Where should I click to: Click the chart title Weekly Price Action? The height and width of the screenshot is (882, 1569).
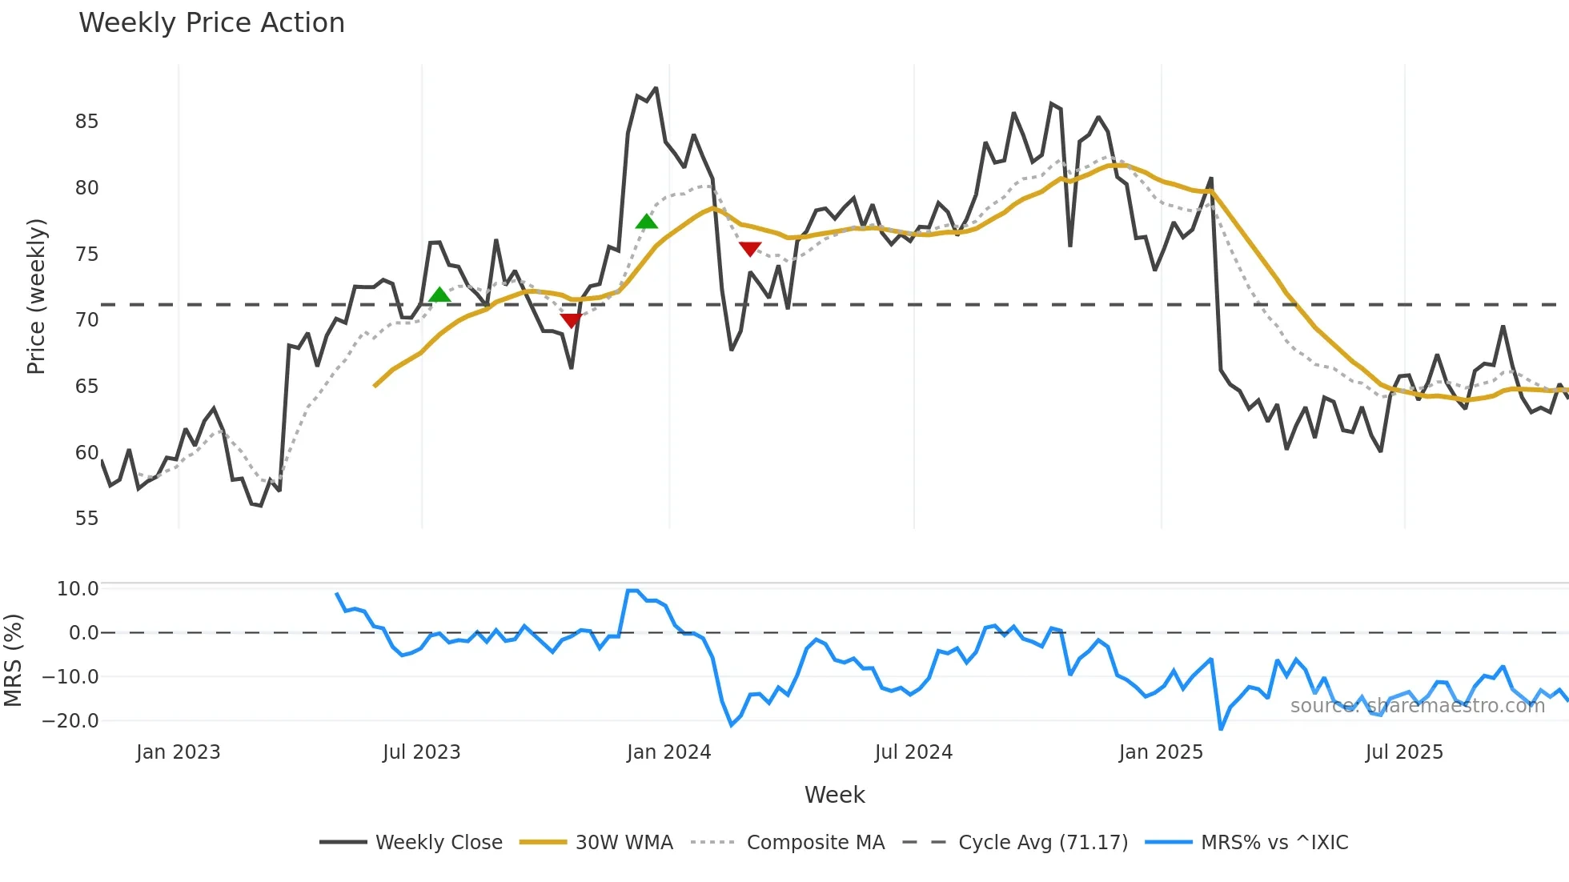point(211,23)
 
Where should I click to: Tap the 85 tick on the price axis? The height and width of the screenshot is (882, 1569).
point(86,122)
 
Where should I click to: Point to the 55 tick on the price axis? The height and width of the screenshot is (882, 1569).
point(86,519)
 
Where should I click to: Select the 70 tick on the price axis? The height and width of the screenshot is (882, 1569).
point(86,320)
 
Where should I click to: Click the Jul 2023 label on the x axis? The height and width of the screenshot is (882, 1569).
point(421,752)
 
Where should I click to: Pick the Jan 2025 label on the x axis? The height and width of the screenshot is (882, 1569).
point(1161,752)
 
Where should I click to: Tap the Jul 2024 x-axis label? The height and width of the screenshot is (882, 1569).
point(913,752)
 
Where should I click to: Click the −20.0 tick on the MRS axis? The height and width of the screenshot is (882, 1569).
point(70,721)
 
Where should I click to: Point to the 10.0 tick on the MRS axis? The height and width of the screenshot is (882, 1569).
point(78,589)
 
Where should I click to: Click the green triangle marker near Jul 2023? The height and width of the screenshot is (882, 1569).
point(439,295)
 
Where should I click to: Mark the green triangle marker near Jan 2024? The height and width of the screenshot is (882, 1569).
point(646,222)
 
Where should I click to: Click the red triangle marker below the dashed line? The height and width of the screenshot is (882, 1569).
point(571,321)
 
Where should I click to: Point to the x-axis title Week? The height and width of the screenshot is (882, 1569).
point(834,795)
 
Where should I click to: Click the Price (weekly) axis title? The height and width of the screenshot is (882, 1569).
point(36,296)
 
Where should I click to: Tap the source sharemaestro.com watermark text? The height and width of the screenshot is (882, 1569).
point(1417,706)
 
